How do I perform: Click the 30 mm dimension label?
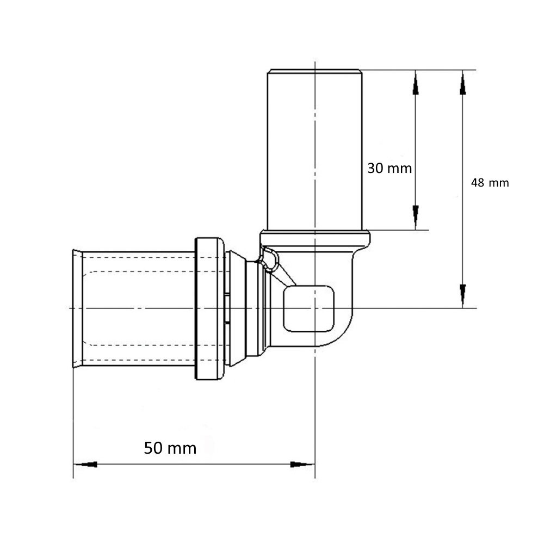coord(390,168)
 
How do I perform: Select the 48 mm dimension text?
coord(490,183)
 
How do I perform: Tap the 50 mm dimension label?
coord(170,448)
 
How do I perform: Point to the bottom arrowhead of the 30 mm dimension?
coord(416,218)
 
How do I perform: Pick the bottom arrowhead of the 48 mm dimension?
coord(462,296)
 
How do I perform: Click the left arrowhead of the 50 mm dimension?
coord(85,464)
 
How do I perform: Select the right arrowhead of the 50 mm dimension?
coord(302,464)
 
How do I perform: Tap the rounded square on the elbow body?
coord(309,308)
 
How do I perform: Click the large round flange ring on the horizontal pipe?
coord(209,308)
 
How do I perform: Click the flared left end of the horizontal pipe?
coord(77,308)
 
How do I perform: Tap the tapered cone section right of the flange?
coord(238,308)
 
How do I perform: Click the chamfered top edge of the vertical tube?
coord(314,71)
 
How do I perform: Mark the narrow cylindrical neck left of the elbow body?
coord(252,308)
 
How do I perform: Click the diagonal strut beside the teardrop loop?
coord(283,274)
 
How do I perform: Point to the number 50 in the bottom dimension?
coord(153,448)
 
